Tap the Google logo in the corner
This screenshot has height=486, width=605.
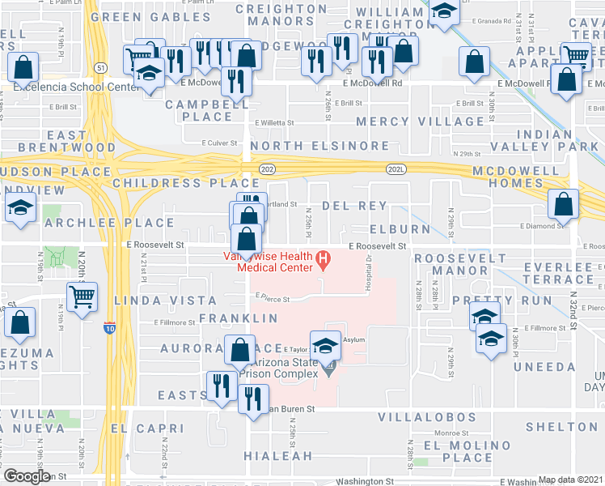pyautogui.click(x=27, y=477)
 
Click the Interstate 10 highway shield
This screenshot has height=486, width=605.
pyautogui.click(x=109, y=328)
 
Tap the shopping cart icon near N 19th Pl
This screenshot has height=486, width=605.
pyautogui.click(x=82, y=297)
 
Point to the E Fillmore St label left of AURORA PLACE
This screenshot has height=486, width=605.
pyautogui.click(x=176, y=322)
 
